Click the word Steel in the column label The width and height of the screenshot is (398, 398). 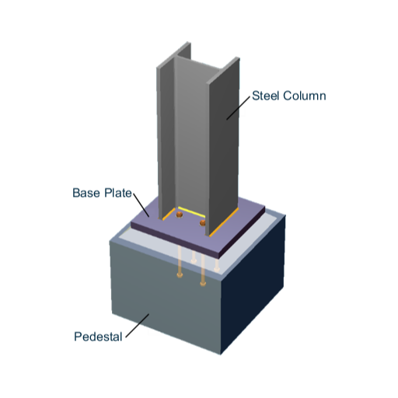266,96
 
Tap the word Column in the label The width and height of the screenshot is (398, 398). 304,96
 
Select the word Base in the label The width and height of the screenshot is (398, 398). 86,193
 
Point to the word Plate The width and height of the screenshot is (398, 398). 118,193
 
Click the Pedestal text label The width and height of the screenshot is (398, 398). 98,337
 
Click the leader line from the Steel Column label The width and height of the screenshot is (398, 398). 239,108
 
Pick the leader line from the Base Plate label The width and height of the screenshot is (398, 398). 141,205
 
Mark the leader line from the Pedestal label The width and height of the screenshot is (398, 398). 138,326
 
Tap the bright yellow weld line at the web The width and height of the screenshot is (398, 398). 191,211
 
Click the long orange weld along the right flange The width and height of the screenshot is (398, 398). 224,222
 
